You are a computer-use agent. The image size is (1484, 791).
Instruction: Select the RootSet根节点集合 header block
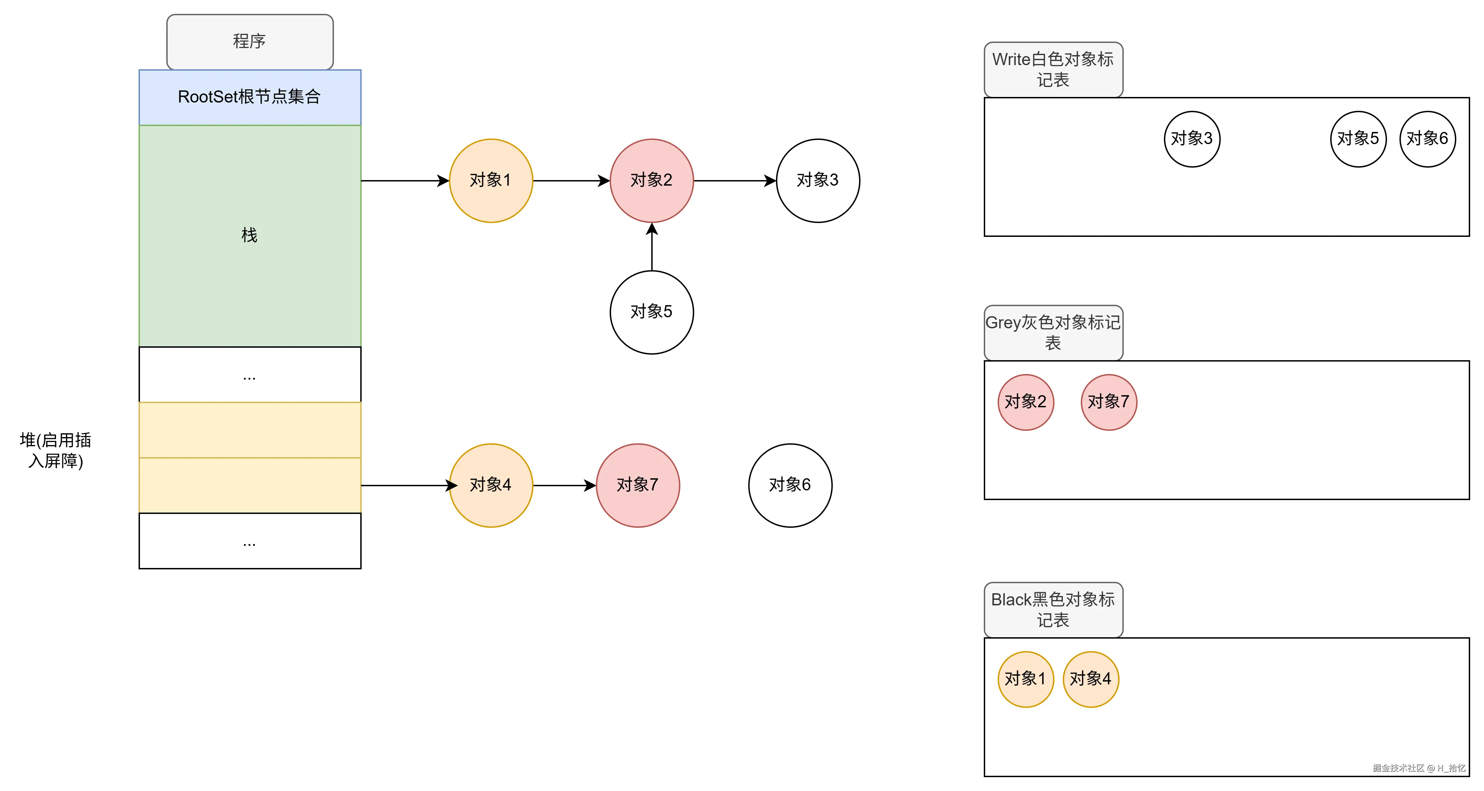(x=249, y=97)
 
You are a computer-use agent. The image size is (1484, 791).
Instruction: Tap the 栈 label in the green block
(x=249, y=235)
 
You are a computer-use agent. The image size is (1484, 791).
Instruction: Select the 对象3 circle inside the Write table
(x=1191, y=139)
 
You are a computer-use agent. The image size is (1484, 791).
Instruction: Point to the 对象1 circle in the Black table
(x=1025, y=679)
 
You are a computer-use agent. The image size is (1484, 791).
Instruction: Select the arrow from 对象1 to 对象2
(x=570, y=180)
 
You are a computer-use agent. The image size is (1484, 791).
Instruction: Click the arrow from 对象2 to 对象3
(x=734, y=180)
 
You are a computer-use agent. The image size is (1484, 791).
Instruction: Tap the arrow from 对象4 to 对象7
(x=563, y=485)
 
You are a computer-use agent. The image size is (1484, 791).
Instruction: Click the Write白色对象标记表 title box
(x=1053, y=69)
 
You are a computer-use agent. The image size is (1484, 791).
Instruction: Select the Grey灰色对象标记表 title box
(x=1053, y=332)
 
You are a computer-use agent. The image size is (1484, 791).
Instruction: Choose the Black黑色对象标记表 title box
(x=1053, y=610)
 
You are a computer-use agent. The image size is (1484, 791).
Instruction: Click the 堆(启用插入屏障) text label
(x=55, y=451)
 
